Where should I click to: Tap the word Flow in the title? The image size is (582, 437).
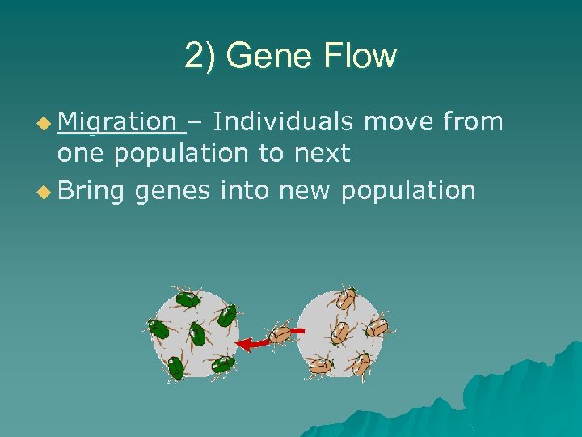(356, 56)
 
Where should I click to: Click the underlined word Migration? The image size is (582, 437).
(117, 122)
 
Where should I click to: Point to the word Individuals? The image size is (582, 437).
(283, 122)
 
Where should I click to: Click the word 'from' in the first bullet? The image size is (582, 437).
(473, 122)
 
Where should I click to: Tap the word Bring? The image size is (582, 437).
(91, 191)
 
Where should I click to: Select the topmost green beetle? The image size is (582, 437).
(187, 299)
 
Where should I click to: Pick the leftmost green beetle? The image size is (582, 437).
(158, 329)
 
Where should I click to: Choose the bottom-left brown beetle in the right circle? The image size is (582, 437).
(318, 366)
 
